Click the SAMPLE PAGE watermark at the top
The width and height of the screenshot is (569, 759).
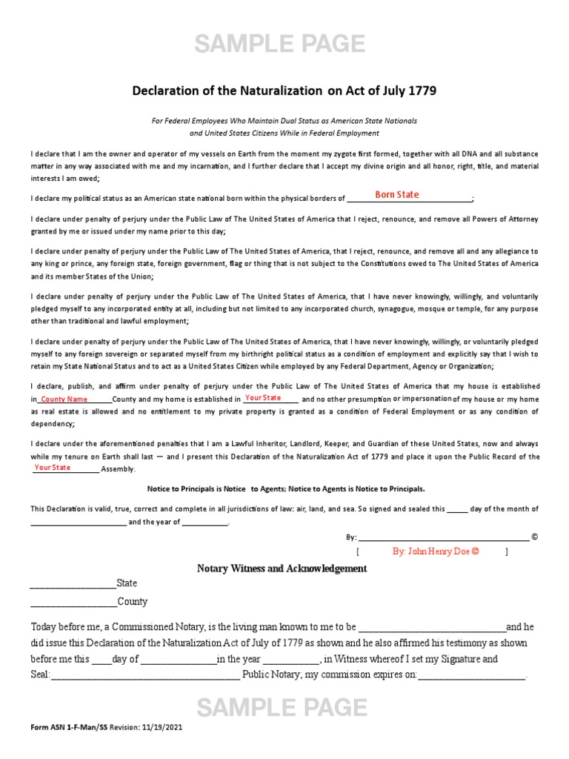coord(279,45)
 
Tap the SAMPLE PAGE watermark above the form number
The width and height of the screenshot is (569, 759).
coord(281,708)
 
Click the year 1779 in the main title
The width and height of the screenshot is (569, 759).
coord(420,91)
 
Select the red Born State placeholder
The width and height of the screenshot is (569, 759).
coord(396,195)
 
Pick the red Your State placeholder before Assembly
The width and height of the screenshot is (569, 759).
coord(52,468)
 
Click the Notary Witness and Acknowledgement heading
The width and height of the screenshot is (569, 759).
coord(282,569)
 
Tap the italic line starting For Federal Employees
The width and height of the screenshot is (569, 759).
coord(284,120)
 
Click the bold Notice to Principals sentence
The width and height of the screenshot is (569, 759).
coord(284,489)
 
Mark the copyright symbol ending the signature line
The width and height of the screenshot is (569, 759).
coord(535,537)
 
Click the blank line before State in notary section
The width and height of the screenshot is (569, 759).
coord(73,584)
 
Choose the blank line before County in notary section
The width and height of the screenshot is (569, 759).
coord(73,602)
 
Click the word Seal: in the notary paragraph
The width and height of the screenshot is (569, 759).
coord(40,675)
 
